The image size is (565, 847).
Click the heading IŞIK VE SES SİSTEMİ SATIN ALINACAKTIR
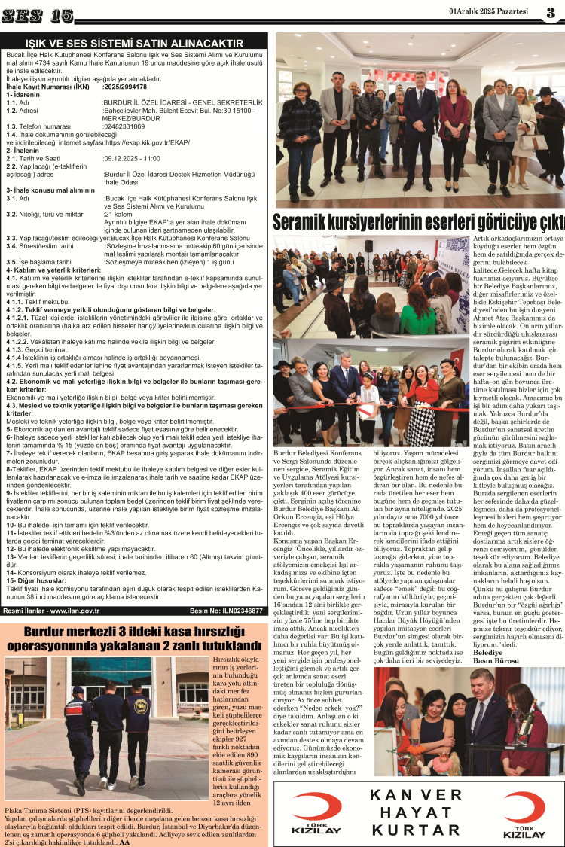[135, 44]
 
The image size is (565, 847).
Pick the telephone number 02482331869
[127, 126]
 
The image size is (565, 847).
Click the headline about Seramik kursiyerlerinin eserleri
[418, 223]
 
